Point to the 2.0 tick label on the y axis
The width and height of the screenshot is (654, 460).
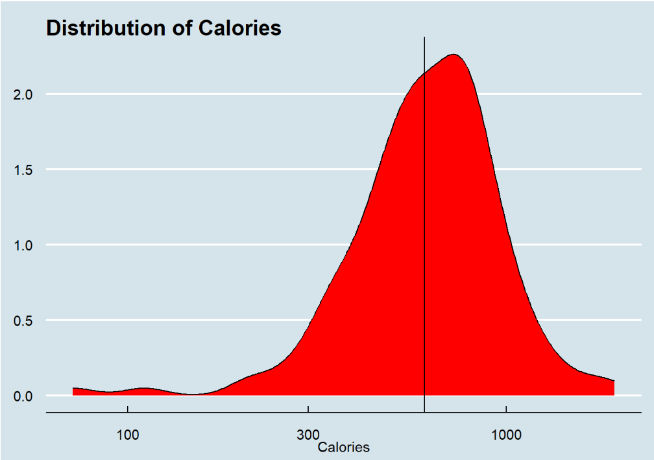click(x=23, y=95)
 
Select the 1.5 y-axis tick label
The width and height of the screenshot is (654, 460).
click(x=23, y=170)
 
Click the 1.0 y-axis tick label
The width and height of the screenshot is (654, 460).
click(x=23, y=245)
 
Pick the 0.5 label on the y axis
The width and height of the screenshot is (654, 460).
click(x=23, y=321)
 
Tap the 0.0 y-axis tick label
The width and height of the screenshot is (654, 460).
click(x=23, y=396)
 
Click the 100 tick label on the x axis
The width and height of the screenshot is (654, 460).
click(x=128, y=434)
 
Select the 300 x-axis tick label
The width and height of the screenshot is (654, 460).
click(x=308, y=434)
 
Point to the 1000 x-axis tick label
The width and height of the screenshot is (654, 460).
click(x=506, y=434)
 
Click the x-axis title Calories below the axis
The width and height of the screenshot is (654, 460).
click(x=343, y=447)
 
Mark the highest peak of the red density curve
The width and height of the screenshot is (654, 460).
click(x=454, y=54)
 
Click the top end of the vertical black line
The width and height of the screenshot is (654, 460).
click(x=424, y=38)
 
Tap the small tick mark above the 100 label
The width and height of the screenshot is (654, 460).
click(x=128, y=415)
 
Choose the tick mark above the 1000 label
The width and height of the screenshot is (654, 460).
click(x=506, y=415)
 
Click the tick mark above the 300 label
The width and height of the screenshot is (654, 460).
click(x=308, y=415)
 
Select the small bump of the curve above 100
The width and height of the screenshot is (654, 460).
click(x=143, y=388)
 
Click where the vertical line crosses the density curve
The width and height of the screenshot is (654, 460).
click(x=424, y=74)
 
